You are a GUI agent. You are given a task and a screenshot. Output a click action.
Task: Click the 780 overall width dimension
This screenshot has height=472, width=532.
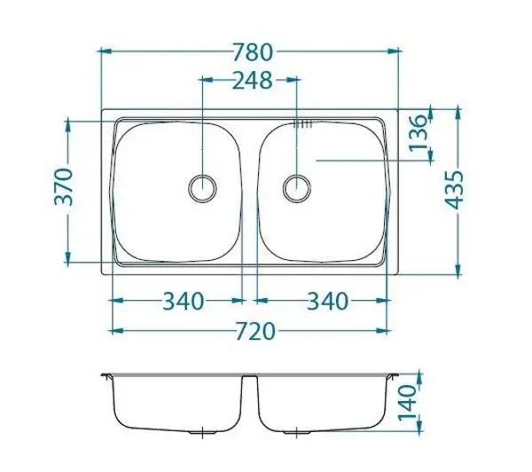[x=253, y=52]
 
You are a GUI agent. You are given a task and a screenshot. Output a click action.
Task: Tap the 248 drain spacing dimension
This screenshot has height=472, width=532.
[x=252, y=81]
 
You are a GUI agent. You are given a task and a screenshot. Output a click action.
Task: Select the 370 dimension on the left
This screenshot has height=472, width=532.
[x=64, y=187]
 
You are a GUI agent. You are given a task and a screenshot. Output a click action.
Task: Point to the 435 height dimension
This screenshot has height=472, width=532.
[x=454, y=190]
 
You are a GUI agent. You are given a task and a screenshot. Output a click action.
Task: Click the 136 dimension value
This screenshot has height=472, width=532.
[x=417, y=133]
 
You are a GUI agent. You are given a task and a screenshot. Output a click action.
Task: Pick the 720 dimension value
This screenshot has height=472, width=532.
[x=255, y=332]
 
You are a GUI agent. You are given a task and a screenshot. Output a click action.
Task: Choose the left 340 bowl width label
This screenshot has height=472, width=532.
[x=184, y=301]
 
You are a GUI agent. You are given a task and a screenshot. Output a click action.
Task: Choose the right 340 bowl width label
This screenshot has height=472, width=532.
[x=328, y=301]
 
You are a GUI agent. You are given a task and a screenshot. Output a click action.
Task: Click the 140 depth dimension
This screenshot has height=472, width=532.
[x=407, y=403]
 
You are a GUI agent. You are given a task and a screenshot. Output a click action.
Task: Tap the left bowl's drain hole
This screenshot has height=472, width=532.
[x=202, y=188]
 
